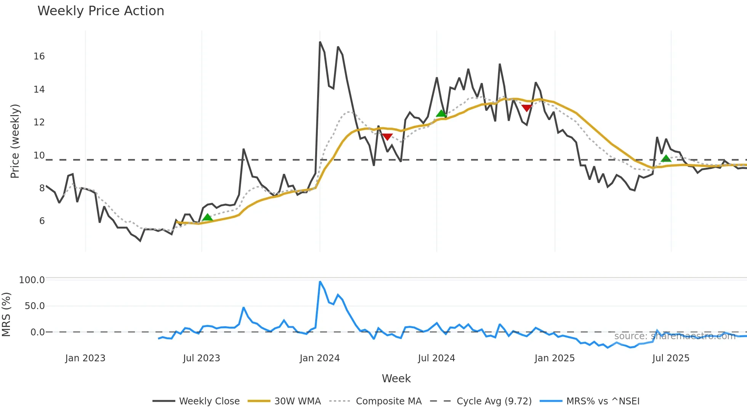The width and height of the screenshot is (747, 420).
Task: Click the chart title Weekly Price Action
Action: click(101, 11)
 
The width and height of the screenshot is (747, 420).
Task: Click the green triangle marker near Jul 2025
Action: click(666, 159)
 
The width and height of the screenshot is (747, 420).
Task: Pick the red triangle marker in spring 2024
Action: click(387, 137)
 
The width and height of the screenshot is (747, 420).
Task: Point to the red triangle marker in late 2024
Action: click(527, 108)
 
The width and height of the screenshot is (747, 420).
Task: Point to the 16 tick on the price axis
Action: click(39, 56)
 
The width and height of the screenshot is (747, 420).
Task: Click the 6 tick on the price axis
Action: click(42, 221)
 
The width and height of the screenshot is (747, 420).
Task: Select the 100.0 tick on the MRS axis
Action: click(32, 280)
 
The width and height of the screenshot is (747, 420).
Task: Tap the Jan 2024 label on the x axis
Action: click(319, 358)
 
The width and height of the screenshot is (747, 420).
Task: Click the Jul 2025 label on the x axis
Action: click(671, 358)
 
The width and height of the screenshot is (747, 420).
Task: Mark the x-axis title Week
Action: click(396, 378)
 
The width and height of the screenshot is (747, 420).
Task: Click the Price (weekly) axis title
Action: click(15, 141)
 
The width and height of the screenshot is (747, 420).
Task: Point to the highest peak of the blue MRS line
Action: click(320, 282)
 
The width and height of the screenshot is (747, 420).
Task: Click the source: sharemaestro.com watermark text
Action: click(675, 336)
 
